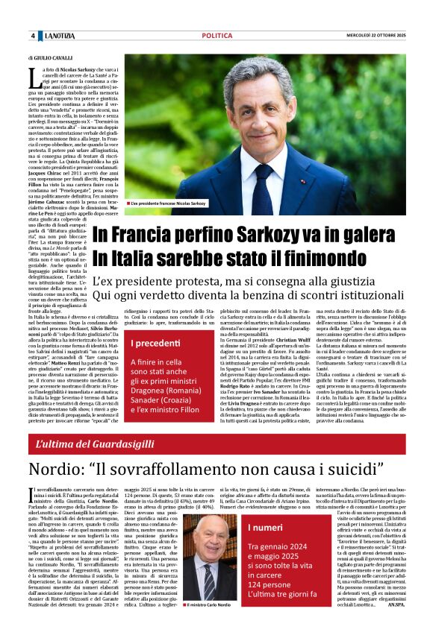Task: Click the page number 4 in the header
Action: click(x=33, y=36)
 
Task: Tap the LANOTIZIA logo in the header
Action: click(x=59, y=36)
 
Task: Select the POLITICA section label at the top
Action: click(x=216, y=36)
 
